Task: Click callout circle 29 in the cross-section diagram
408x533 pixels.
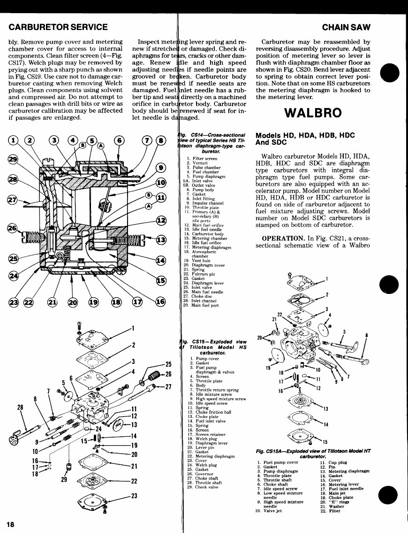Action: click(14, 160)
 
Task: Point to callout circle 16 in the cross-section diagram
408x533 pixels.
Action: click(160, 301)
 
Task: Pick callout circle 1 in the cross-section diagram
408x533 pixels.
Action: click(14, 140)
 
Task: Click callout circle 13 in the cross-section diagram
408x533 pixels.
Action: click(161, 240)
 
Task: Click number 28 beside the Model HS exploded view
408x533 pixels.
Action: click(21, 407)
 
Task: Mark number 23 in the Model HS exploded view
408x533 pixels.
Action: click(134, 495)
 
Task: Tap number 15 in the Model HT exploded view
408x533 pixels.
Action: click(324, 442)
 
